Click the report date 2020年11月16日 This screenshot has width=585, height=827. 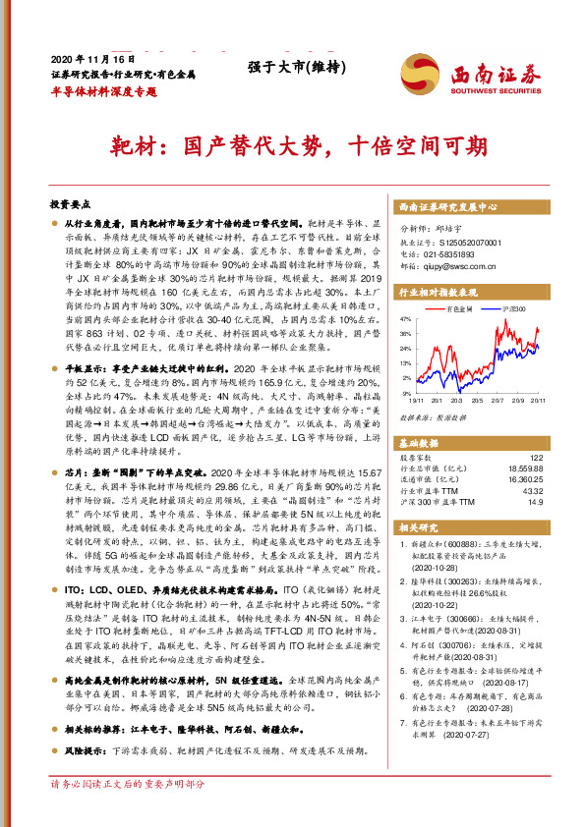pyautogui.click(x=86, y=57)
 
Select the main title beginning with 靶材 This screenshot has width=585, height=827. pyautogui.click(x=292, y=145)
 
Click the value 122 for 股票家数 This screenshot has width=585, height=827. pyautogui.click(x=536, y=457)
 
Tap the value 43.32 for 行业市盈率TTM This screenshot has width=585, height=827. pyautogui.click(x=533, y=489)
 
